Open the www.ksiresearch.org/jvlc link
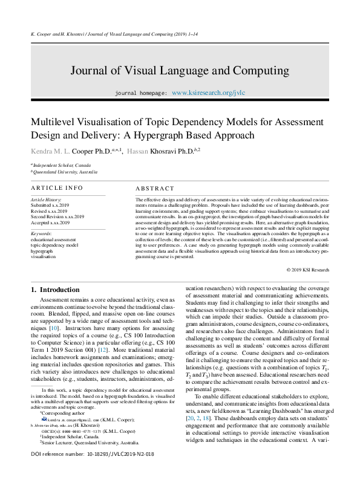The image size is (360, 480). (209, 94)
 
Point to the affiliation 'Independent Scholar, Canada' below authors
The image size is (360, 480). (62, 165)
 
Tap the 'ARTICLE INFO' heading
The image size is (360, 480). (57, 188)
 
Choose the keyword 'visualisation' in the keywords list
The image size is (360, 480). (43, 257)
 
